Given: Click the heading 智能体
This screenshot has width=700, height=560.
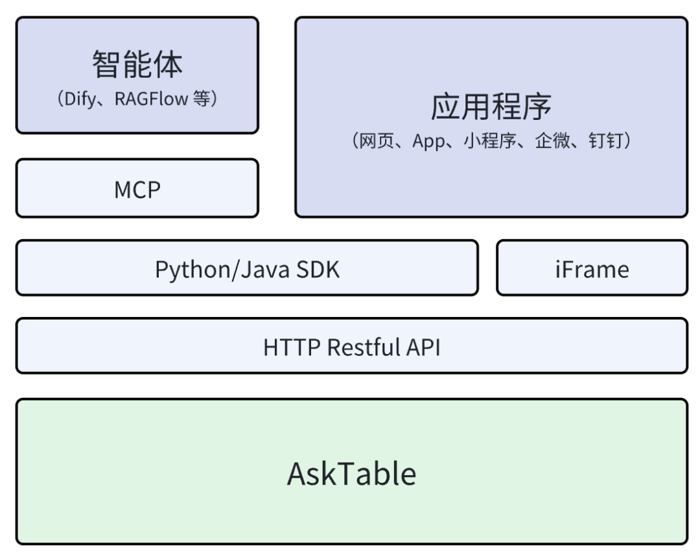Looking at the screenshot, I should pyautogui.click(x=137, y=64).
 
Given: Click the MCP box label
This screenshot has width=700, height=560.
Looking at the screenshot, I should pyautogui.click(x=137, y=189).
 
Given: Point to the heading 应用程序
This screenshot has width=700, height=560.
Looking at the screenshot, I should pyautogui.click(x=491, y=107).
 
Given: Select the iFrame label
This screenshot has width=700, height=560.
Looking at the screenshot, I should pyautogui.click(x=591, y=269).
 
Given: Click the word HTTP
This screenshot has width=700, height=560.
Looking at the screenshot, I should pyautogui.click(x=292, y=347).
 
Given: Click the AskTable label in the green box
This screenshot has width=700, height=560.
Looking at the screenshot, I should pyautogui.click(x=351, y=474).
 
